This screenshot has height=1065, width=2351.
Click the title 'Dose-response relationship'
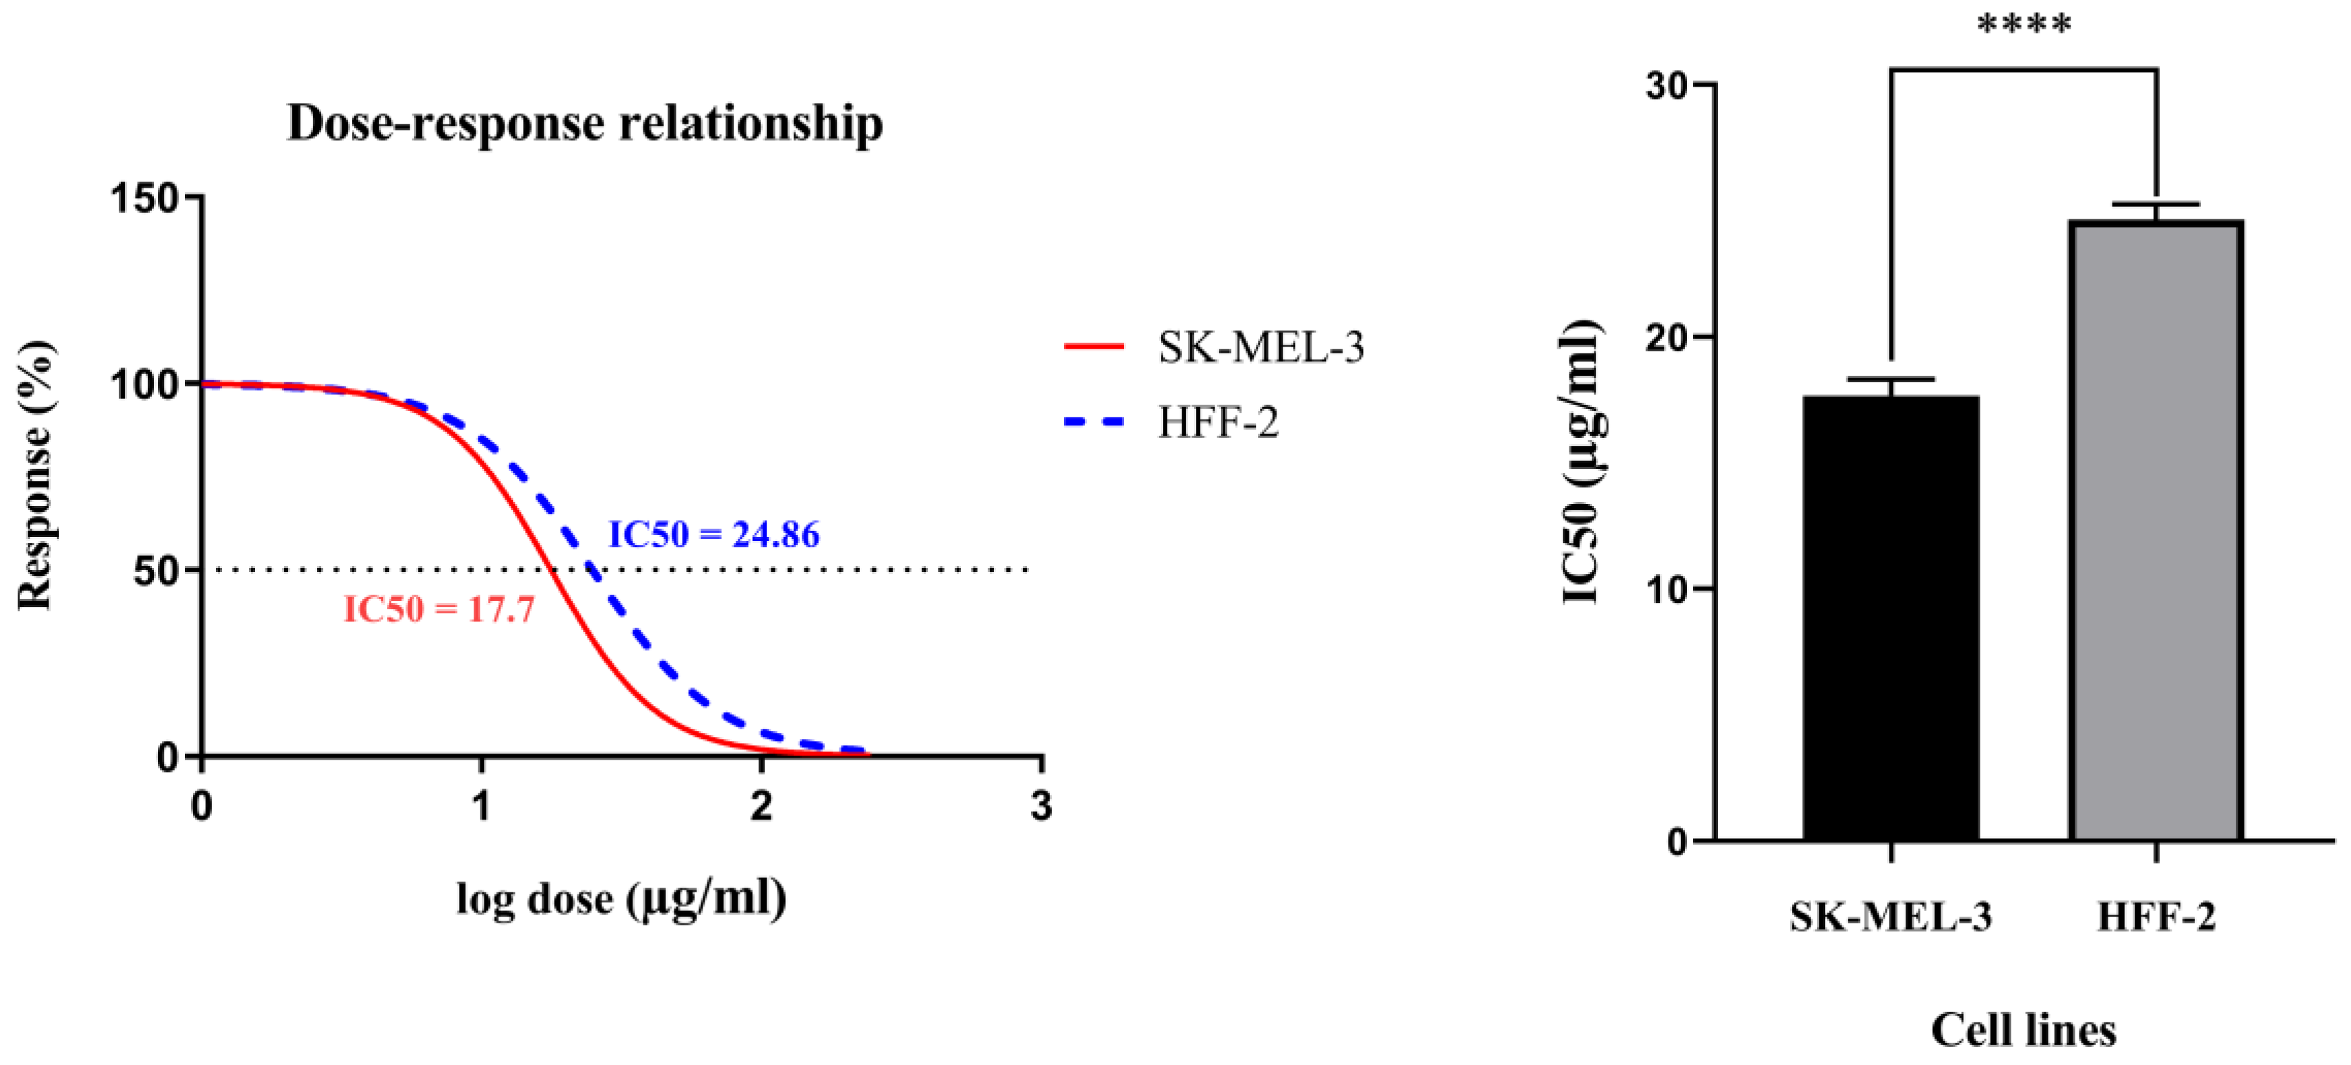[x=585, y=123]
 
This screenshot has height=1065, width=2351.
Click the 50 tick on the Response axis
[x=156, y=571]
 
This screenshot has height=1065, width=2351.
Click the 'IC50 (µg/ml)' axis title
[x=1582, y=463]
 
